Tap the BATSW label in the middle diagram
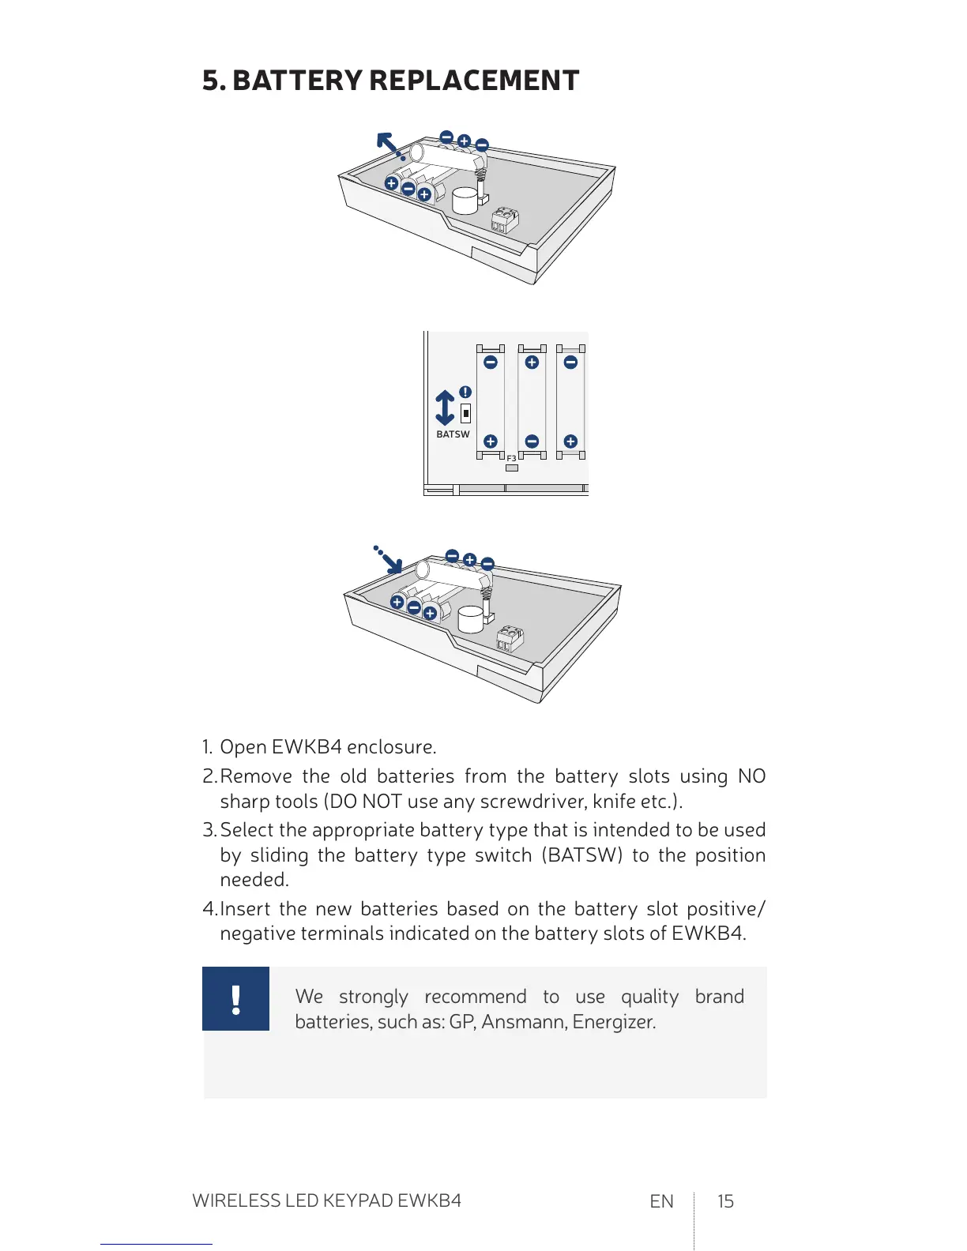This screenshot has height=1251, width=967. coord(453,434)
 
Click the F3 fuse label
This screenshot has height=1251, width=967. coord(511,458)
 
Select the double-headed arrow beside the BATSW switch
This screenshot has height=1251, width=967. coord(445,408)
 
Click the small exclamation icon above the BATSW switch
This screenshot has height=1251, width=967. coord(465,392)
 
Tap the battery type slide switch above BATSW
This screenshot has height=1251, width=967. coord(466,412)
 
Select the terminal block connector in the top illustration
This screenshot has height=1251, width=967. coord(505,220)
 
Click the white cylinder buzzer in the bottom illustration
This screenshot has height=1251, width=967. coord(471,618)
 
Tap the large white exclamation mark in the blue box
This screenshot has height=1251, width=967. coord(235,999)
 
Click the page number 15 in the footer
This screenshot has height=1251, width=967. coord(725,1201)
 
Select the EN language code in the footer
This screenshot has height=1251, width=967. coord(661,1201)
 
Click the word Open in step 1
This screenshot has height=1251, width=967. coord(243,747)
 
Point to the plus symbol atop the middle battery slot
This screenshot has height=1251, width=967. coord(532,362)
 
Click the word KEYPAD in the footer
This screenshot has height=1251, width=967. coord(353,1200)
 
